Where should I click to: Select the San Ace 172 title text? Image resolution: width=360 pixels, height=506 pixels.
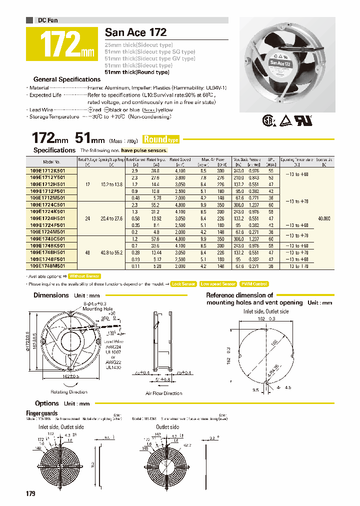coord(135,32)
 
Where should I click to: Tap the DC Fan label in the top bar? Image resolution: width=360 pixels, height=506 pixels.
coord(48,20)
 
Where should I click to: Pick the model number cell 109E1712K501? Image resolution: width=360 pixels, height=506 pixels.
coord(51,170)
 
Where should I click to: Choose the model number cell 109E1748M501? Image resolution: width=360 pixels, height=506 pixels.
coord(51,266)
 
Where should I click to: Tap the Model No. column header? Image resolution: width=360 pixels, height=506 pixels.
coord(51,162)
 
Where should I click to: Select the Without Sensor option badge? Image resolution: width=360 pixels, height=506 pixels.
coord(84,276)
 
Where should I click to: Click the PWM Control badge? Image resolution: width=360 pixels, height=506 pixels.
coord(254,284)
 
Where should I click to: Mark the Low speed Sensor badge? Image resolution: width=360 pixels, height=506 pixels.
coord(218,284)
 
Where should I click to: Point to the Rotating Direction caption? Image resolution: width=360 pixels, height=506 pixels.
coord(70,392)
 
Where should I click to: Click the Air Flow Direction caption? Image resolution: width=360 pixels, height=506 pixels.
coord(163,393)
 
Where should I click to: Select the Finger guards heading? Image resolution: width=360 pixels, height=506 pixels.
coord(41,413)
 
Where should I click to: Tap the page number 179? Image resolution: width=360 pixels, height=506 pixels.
coord(30,494)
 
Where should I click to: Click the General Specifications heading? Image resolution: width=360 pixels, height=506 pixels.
coord(66,79)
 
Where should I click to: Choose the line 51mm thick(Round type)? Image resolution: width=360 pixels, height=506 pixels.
coord(136,72)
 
